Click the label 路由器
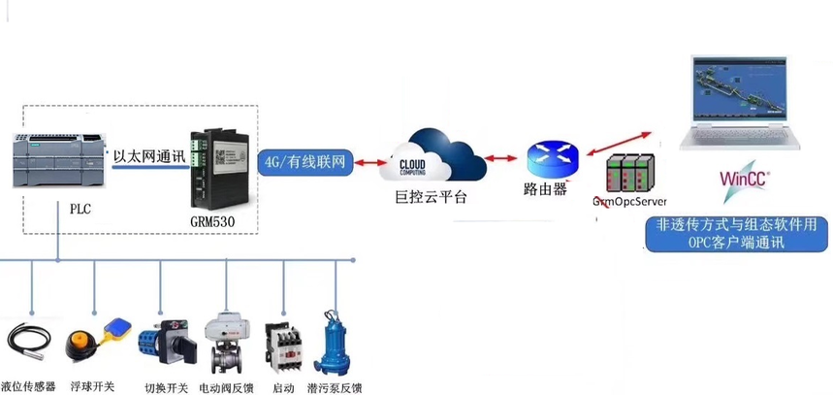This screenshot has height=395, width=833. coord(547,190)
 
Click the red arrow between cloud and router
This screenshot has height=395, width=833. coord(500,156)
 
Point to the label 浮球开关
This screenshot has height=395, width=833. coord(93,386)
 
